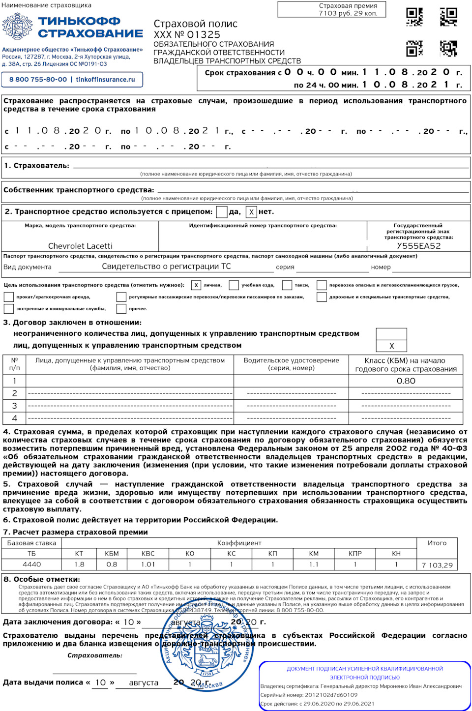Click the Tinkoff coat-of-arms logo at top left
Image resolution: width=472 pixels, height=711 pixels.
tap(17, 27)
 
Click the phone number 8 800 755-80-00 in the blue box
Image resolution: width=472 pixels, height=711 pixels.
tap(38, 79)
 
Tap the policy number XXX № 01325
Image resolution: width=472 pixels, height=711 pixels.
tap(187, 35)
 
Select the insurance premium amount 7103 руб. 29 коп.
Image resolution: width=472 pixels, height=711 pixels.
tap(348, 13)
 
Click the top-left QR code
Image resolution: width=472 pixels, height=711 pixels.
tap(414, 17)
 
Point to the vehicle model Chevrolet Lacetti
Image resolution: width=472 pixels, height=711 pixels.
tap(80, 246)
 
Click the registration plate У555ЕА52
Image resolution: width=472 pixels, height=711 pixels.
tap(419, 246)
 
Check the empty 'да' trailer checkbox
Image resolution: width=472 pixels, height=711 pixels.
tap(222, 212)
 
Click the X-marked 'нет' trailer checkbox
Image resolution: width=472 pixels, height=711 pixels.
tap(251, 212)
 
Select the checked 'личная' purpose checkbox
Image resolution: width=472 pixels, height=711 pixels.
tap(196, 285)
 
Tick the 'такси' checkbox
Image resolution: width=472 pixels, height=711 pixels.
tap(287, 285)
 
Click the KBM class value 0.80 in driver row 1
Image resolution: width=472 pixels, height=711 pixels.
tap(406, 381)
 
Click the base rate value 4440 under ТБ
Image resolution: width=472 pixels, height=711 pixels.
tap(32, 564)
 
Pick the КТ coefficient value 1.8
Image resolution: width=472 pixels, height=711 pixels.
tap(79, 564)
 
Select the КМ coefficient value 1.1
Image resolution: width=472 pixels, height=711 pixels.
tap(314, 564)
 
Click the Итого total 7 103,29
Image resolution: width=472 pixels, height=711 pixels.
tap(437, 565)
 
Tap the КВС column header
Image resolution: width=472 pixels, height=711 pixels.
tap(148, 553)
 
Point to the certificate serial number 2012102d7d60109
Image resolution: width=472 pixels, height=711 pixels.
tap(331, 695)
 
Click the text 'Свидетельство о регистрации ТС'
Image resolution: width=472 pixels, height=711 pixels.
tap(166, 267)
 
